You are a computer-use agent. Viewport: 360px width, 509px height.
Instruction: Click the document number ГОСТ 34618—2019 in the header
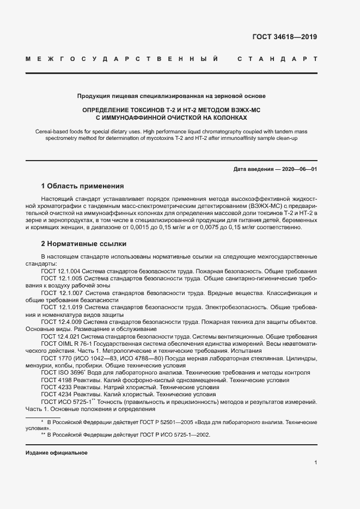[284, 38]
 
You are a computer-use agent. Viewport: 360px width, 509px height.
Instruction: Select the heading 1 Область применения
[82, 186]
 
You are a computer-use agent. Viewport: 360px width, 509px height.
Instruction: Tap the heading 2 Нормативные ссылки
[83, 244]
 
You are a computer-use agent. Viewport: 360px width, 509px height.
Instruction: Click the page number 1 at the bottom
[315, 463]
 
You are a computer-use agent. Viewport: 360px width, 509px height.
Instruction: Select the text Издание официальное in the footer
[56, 453]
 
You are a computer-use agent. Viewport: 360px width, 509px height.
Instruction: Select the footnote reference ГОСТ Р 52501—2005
[151, 422]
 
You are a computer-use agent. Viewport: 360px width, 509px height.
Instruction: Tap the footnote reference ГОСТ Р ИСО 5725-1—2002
[171, 435]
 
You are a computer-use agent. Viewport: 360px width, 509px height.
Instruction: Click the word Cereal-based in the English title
[52, 132]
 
